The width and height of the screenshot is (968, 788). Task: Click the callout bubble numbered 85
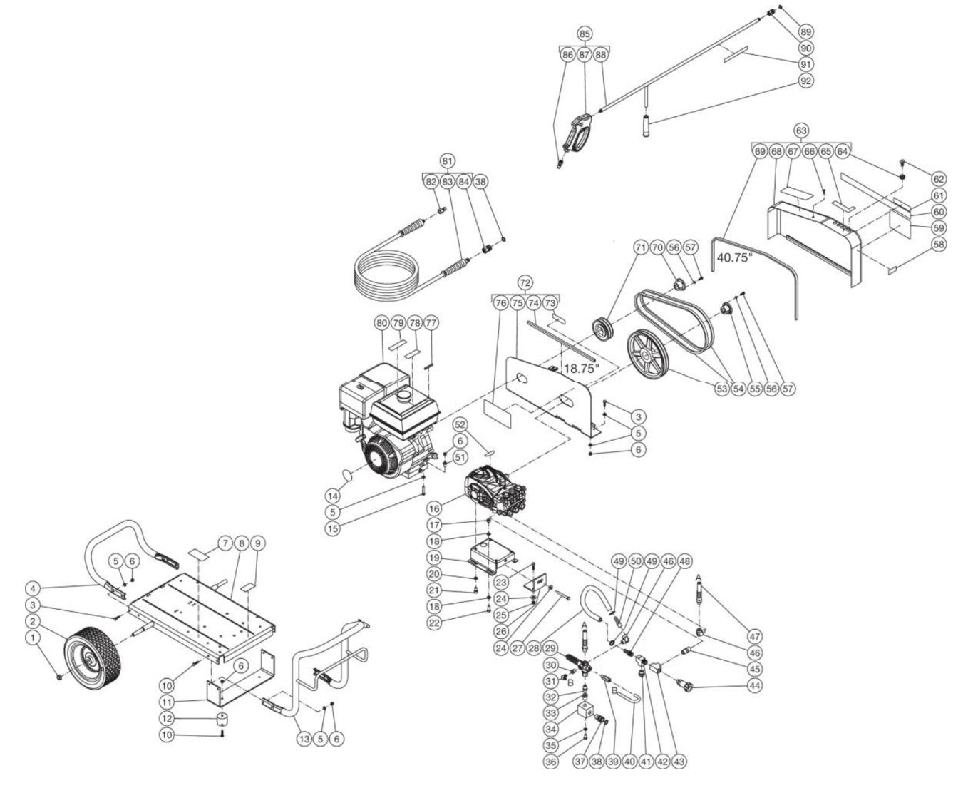(585, 34)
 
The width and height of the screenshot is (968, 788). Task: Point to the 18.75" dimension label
(581, 369)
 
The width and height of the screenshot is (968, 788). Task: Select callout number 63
(802, 131)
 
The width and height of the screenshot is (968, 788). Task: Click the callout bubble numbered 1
(31, 637)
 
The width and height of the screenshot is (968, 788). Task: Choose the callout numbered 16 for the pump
(435, 508)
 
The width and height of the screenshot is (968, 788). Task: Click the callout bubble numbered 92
(806, 81)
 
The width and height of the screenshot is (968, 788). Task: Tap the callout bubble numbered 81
(448, 161)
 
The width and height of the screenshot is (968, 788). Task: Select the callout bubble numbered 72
(526, 283)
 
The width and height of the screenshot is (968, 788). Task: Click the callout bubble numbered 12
(166, 718)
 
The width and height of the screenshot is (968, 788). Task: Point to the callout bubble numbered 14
(332, 495)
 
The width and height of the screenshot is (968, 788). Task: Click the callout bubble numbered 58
(938, 245)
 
